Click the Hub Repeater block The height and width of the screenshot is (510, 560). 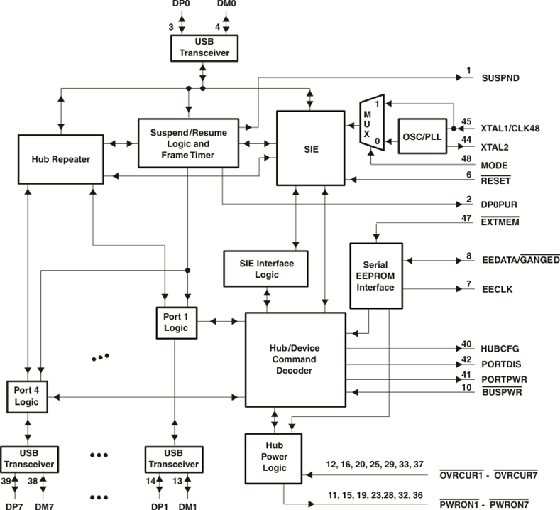click(x=61, y=159)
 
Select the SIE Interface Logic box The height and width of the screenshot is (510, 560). click(x=265, y=268)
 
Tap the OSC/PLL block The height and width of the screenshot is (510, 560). click(x=422, y=136)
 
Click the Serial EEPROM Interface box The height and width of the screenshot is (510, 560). click(x=376, y=276)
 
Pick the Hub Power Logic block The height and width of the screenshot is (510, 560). click(x=273, y=459)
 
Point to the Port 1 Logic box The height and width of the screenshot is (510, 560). click(x=177, y=322)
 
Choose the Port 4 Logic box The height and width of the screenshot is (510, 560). click(x=27, y=397)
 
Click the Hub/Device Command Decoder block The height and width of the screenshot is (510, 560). click(x=295, y=359)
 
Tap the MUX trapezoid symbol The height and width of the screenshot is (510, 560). click(x=372, y=123)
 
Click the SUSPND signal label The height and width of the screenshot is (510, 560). click(x=500, y=78)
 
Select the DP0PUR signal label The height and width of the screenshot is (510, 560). click(x=499, y=205)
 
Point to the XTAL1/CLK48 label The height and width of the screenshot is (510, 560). click(x=510, y=129)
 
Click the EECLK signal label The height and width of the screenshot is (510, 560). click(x=497, y=289)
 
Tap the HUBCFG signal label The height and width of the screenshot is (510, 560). click(x=500, y=349)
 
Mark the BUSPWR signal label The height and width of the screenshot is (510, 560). click(x=502, y=391)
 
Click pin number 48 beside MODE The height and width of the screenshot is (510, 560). click(x=466, y=158)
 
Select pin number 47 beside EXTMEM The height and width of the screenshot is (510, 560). click(x=466, y=217)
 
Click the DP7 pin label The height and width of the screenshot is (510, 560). click(x=15, y=506)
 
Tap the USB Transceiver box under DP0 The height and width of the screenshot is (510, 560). click(x=204, y=48)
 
